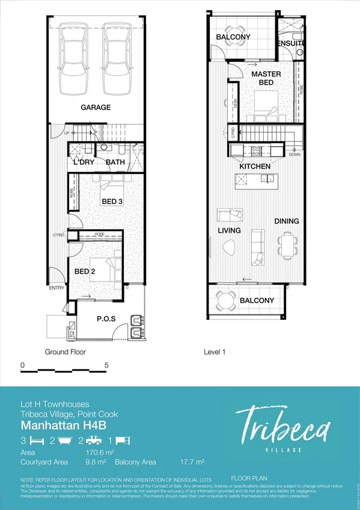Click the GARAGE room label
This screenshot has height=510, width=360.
point(96,108)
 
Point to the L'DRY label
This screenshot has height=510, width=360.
point(84,162)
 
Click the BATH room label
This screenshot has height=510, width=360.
point(115,162)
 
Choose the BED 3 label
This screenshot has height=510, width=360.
point(112,201)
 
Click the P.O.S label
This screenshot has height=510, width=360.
point(106,319)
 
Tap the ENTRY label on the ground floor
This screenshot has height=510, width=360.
point(57,287)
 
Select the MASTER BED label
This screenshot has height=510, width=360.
point(266,78)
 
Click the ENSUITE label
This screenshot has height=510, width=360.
point(291,43)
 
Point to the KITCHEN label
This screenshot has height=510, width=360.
point(255,166)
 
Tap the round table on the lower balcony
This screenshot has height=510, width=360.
point(226,300)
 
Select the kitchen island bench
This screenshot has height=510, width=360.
point(255,179)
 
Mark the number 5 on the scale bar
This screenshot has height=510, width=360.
point(106,365)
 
